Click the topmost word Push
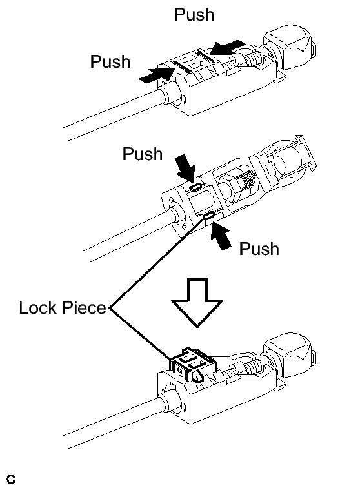194,15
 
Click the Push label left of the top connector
110,61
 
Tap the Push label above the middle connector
143,154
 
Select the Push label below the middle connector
259,249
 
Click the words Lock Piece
63,307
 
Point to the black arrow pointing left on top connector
227,48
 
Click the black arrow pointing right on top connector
156,76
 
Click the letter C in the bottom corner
10,479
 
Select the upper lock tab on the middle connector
195,187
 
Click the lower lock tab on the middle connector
208,216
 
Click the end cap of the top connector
290,47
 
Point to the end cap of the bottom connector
290,355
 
